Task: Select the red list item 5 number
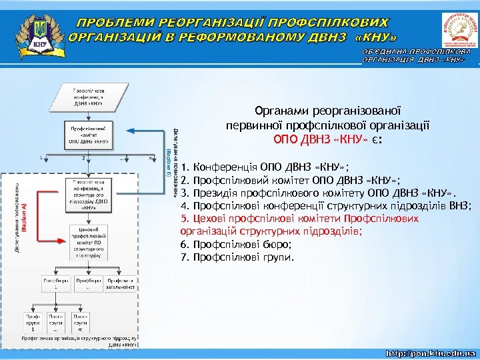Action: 185,218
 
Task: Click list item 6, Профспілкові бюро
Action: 236,244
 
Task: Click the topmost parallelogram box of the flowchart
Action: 88,97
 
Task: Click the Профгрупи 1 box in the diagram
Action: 33,323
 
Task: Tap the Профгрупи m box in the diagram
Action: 80,323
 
